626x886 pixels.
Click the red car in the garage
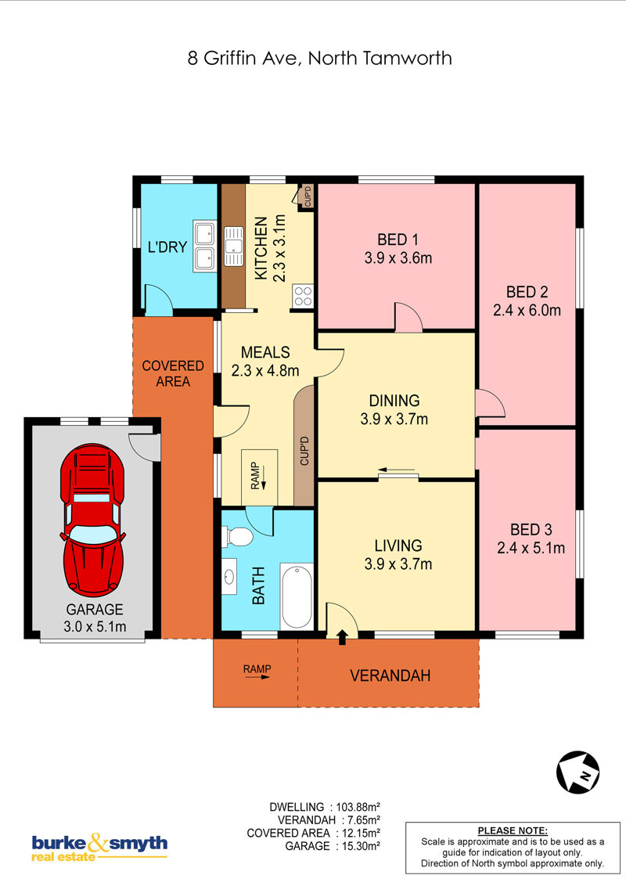pos(92,520)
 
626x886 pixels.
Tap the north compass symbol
pos(578,772)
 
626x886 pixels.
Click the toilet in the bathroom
pos(237,536)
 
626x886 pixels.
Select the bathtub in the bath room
pos(297,596)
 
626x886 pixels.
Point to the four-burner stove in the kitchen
pos(303,296)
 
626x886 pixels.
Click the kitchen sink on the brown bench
pos(233,246)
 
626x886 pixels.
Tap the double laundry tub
pos(204,247)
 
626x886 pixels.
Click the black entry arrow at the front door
pos(342,637)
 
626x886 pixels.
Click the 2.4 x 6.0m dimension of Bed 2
pos(527,310)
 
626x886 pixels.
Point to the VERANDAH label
pos(390,675)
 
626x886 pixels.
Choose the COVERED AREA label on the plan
pos(173,373)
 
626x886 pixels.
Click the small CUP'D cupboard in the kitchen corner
pos(308,196)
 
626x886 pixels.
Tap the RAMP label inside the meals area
pos(255,476)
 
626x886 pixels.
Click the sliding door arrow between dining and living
pos(397,470)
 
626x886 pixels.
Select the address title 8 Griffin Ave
pos(243,58)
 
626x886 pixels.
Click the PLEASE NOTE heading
pos(513,830)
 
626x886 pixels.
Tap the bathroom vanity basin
pos(229,577)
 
